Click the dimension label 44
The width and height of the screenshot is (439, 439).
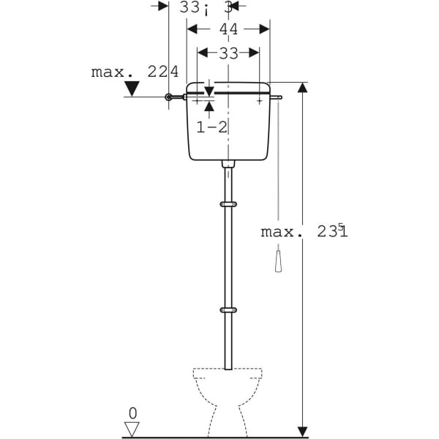228,29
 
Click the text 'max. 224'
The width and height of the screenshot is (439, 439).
135,72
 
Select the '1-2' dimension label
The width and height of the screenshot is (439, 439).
211,127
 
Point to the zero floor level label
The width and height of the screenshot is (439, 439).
132,413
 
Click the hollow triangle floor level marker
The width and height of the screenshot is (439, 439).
132,429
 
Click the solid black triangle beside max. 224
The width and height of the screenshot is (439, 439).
132,89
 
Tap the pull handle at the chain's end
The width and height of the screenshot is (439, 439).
279,261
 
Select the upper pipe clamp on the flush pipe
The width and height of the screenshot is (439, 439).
228,204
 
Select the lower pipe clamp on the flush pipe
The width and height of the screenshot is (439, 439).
228,310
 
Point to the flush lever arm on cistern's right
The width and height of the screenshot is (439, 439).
275,96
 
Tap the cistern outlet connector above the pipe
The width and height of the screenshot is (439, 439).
228,165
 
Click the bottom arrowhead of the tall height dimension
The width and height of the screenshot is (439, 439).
303,431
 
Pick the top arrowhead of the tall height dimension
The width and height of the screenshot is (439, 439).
303,87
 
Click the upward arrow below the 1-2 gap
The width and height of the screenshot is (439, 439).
209,107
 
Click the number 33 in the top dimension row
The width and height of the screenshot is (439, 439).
190,7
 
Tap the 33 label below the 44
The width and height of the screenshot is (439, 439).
228,53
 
